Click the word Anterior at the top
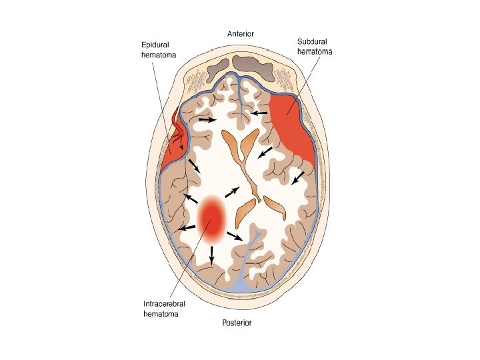tap(240, 33)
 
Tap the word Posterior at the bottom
tap(240, 324)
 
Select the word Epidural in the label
tap(155, 45)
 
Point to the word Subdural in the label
tap(312, 41)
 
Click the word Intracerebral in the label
tap(165, 304)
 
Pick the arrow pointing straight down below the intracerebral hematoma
tap(211, 254)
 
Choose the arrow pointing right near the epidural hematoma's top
tap(207, 121)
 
